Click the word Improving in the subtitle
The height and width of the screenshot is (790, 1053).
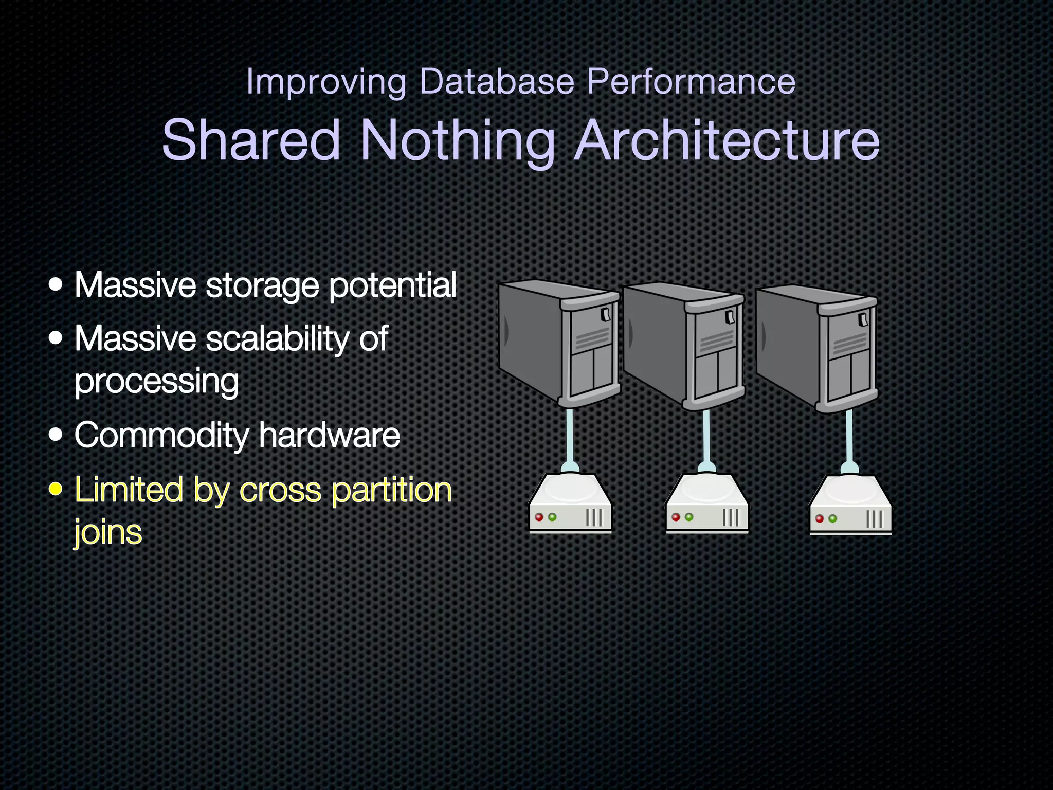(x=326, y=82)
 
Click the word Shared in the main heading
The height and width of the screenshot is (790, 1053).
(x=251, y=140)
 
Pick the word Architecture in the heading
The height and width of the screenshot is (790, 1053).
(x=727, y=140)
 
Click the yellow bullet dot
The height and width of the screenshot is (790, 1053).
(x=56, y=489)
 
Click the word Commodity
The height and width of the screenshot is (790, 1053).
(x=161, y=435)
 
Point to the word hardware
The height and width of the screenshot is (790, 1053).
(x=329, y=435)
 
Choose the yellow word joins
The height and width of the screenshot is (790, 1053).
(x=108, y=532)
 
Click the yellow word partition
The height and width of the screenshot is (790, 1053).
(x=392, y=490)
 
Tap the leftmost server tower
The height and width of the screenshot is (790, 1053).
(x=559, y=343)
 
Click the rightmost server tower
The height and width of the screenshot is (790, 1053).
(x=816, y=348)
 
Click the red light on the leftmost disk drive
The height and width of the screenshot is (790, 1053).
(x=539, y=517)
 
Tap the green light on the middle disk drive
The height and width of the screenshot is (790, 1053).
(x=689, y=517)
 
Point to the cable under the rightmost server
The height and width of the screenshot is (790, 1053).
(x=849, y=437)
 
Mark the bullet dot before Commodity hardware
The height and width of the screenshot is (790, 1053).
(x=56, y=435)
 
